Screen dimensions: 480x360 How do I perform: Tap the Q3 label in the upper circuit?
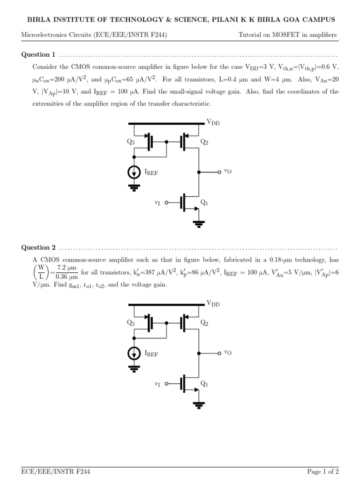pyautogui.click(x=131, y=142)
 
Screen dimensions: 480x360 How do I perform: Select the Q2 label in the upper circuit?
pyautogui.click(x=204, y=142)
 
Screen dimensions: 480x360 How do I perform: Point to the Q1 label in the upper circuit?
pyautogui.click(x=204, y=202)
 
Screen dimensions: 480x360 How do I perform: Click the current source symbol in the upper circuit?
pyautogui.click(x=135, y=172)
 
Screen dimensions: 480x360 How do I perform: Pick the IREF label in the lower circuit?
pyautogui.click(x=151, y=354)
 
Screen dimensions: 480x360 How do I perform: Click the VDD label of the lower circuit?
pyautogui.click(x=213, y=303)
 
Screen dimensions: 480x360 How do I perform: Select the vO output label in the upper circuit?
pyautogui.click(x=228, y=172)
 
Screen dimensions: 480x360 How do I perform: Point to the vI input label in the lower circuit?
pyautogui.click(x=157, y=384)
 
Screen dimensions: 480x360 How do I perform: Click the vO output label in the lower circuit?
pyautogui.click(x=228, y=352)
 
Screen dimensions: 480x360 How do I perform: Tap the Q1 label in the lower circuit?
pyautogui.click(x=204, y=383)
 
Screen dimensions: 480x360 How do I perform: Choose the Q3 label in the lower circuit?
pyautogui.click(x=131, y=323)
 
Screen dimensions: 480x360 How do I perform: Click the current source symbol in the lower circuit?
pyautogui.click(x=135, y=353)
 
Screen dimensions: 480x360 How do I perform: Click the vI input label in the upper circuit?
pyautogui.click(x=157, y=202)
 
